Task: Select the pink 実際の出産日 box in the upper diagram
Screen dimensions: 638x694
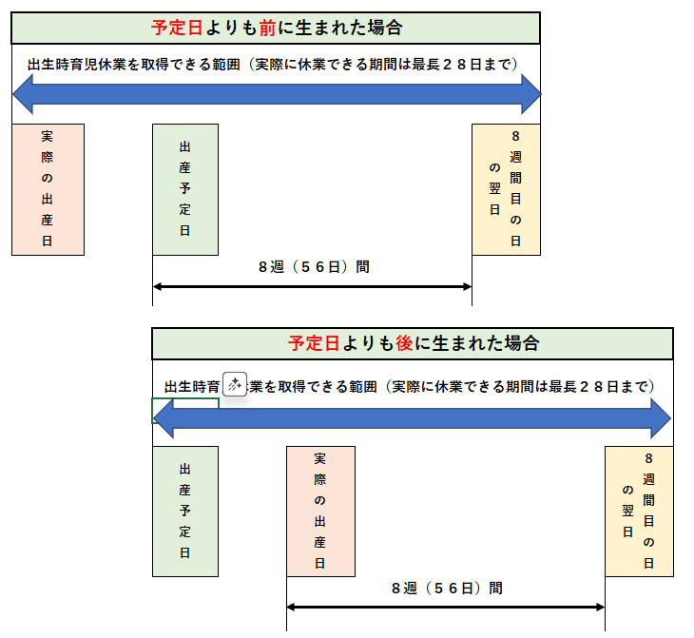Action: pyautogui.click(x=48, y=189)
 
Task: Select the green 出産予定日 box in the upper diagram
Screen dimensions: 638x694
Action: pyautogui.click(x=185, y=189)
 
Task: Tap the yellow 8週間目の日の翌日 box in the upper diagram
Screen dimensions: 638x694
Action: pyautogui.click(x=506, y=189)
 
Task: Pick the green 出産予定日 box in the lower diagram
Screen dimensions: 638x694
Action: pyautogui.click(x=185, y=511)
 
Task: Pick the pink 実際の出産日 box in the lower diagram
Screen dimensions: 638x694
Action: pyautogui.click(x=320, y=511)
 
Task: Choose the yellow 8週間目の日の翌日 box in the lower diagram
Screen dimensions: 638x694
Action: pyautogui.click(x=639, y=511)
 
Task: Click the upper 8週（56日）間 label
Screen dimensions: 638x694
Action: pyautogui.click(x=314, y=267)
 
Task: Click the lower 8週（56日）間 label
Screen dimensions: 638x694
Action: pyautogui.click(x=447, y=589)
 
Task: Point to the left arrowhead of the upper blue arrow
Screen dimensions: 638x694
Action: pyautogui.click(x=23, y=95)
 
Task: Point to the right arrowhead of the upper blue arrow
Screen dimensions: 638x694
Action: pyautogui.click(x=530, y=95)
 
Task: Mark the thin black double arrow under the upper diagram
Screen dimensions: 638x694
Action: pyautogui.click(x=312, y=285)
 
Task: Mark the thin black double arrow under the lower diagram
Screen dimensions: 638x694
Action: pyautogui.click(x=445, y=607)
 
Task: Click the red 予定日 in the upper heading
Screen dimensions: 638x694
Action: pyautogui.click(x=175, y=29)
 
